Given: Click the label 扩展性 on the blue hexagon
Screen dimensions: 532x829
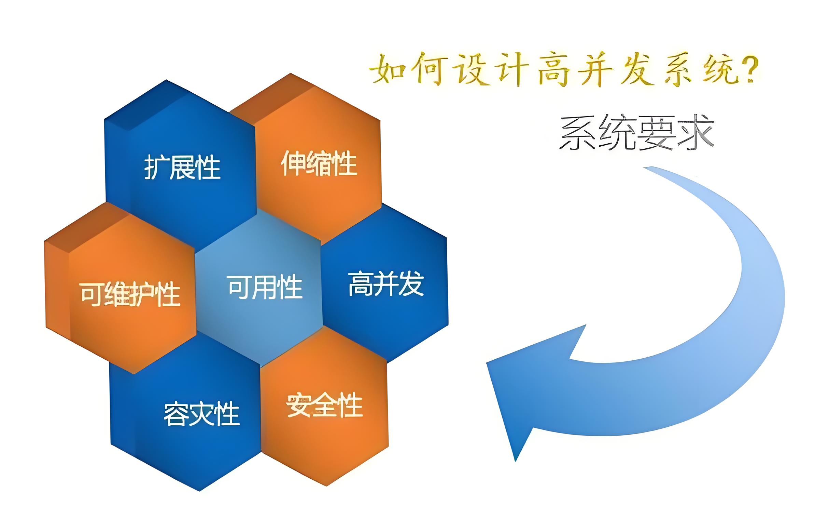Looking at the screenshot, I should point(182,167).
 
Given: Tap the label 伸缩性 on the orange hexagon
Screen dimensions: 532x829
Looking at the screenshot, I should point(319,163).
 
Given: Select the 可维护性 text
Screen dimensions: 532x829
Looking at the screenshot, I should point(130,294).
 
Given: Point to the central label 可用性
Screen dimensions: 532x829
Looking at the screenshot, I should point(265,287).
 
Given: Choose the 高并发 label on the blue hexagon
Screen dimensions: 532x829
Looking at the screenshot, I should point(386,284).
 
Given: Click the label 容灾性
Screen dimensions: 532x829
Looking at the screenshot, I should point(201,413).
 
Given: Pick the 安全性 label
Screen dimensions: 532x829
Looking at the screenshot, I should point(324,405).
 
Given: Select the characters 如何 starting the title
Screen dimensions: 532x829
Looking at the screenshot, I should point(407,71).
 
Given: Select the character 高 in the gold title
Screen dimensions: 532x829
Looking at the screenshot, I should point(554,71).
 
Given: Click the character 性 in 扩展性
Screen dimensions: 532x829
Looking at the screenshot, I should point(208,167).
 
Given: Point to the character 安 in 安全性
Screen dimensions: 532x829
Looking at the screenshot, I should point(299,405).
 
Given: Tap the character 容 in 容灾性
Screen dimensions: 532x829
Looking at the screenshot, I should point(176,413).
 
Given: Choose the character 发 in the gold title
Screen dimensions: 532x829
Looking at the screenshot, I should point(636,71).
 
